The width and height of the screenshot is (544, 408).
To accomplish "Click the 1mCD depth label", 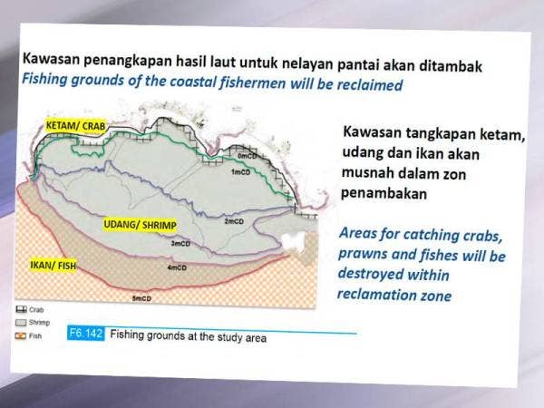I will (x=240, y=171).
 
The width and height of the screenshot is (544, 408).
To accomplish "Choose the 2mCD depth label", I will (x=234, y=221).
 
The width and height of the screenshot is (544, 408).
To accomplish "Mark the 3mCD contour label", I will (x=180, y=243).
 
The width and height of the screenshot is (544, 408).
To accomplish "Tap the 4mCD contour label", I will (x=178, y=267).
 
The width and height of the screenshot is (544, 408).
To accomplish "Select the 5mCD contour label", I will (x=143, y=298).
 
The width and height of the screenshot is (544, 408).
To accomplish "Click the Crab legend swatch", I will (x=21, y=309).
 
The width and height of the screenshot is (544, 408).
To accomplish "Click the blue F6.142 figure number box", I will (x=85, y=334).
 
